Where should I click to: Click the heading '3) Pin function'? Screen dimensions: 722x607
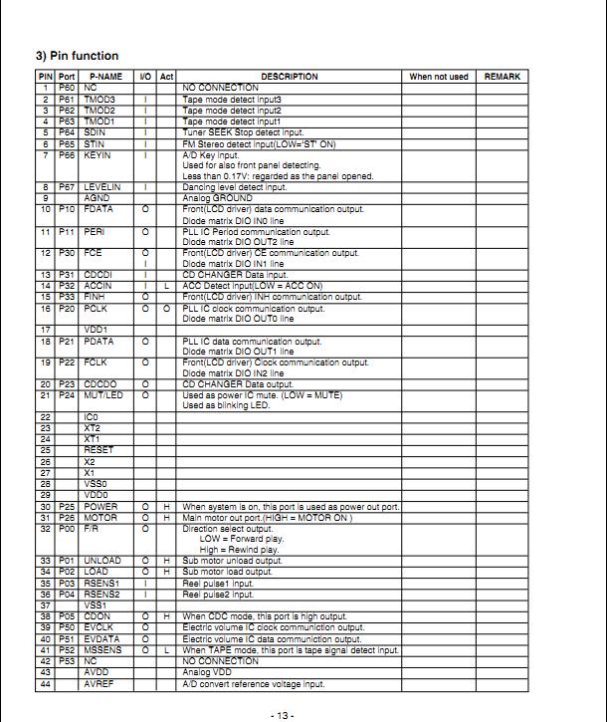point(77,56)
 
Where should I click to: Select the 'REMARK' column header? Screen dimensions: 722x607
point(503,77)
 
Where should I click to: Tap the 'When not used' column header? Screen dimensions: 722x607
point(438,77)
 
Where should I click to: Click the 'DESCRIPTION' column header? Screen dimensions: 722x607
point(290,77)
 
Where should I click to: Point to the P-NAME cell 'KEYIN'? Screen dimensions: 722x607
point(98,155)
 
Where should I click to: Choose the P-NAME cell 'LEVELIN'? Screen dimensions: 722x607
point(102,187)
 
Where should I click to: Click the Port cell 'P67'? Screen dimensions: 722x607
point(66,187)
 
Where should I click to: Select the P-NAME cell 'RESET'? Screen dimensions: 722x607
point(99,450)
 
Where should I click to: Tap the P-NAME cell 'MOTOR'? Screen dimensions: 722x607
point(101,518)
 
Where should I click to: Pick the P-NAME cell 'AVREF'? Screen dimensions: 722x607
point(99,684)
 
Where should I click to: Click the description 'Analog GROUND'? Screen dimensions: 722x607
point(218,198)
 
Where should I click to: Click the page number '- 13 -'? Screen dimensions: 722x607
point(283,715)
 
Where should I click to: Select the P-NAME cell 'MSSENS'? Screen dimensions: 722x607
point(102,650)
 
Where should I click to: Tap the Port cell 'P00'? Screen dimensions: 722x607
point(66,529)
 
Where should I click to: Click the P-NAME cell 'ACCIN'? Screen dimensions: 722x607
point(99,286)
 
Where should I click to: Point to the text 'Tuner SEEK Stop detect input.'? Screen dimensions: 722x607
point(243,132)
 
